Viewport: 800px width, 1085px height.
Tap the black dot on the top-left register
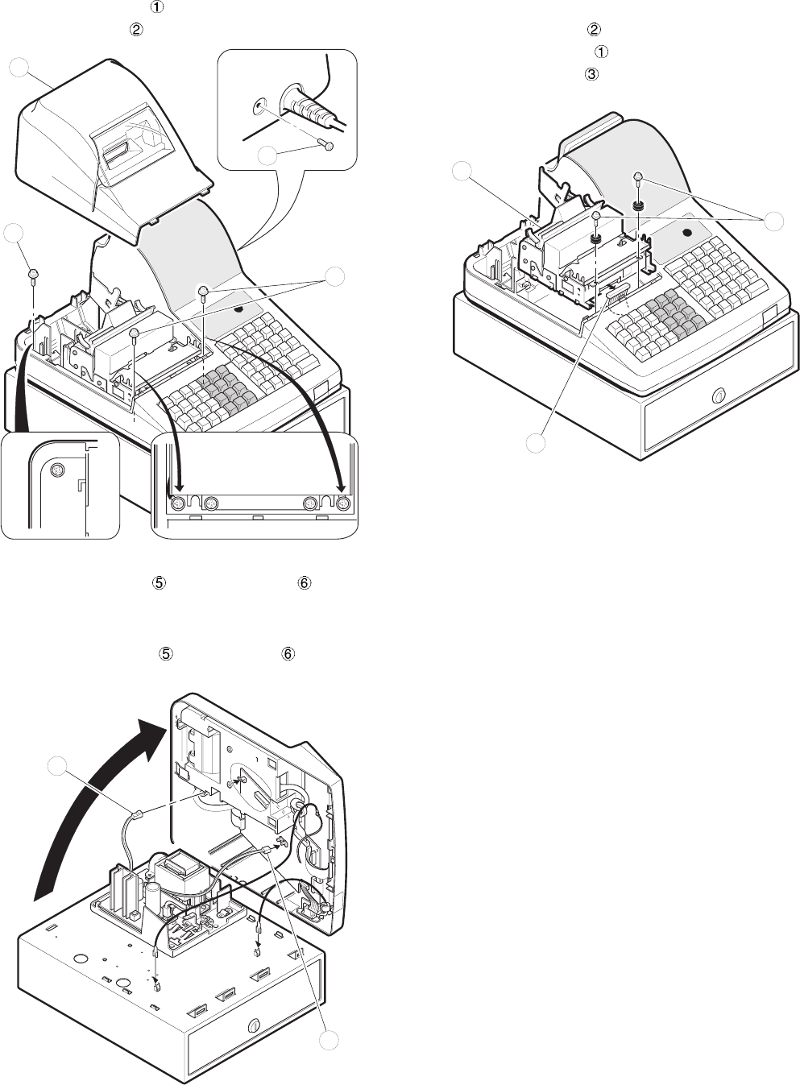coord(239,308)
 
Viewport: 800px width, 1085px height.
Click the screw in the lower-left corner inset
coord(56,470)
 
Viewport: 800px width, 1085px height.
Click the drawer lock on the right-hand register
coord(719,396)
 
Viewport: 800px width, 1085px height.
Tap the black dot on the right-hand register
coord(686,233)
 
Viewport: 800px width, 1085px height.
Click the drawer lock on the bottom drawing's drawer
coord(255,1026)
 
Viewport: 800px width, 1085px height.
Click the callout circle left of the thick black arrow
coord(56,766)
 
